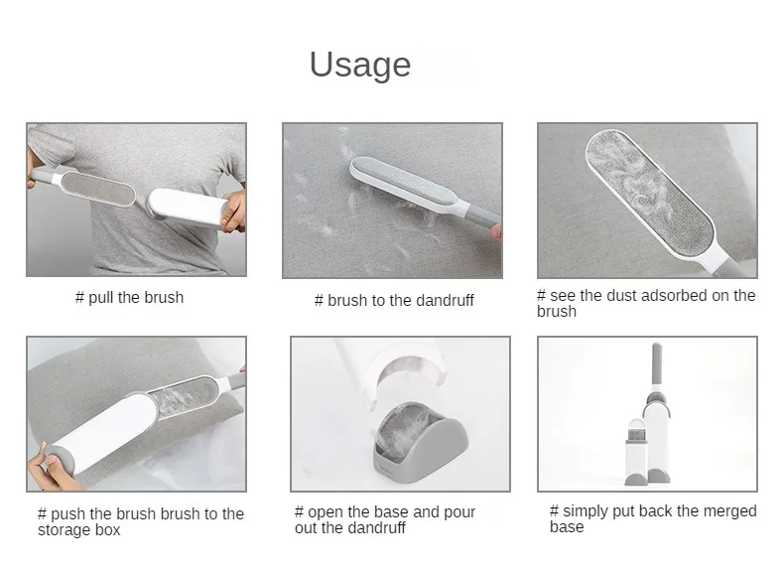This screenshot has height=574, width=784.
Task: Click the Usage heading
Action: pos(360,66)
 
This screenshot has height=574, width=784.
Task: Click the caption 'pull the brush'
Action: pos(136,298)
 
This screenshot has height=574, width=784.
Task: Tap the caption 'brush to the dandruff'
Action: pos(401,300)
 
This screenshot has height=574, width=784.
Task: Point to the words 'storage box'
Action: pos(79,529)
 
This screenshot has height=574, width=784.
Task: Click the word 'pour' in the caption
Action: pos(458,512)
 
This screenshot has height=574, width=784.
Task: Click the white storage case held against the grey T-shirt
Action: pos(186,207)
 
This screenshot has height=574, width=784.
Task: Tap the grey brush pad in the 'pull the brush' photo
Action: pos(98,187)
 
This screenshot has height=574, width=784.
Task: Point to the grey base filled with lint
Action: pos(419,442)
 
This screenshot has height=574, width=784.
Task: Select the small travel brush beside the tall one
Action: pos(636,453)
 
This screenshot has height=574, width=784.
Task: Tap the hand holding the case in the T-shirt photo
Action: pos(233,212)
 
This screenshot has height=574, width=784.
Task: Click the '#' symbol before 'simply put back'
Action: pos(554,511)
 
